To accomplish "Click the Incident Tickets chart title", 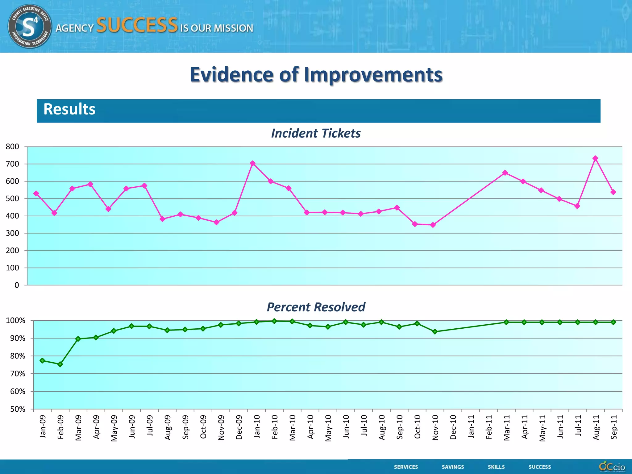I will click(316, 133).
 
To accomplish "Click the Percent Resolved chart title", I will click(316, 307).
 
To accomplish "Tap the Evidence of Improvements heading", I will click(316, 75).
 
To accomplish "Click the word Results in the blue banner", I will click(69, 109).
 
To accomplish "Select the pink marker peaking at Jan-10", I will click(253, 163).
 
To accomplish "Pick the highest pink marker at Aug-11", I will click(595, 158).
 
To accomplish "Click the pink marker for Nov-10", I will click(433, 225).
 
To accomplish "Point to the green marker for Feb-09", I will click(60, 364).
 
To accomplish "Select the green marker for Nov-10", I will click(435, 332).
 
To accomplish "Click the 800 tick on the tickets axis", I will click(12, 147).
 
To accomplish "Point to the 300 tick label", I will click(12, 233).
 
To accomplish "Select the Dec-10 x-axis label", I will click(453, 427).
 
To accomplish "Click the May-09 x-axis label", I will click(114, 428).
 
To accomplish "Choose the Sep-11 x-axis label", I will click(614, 427).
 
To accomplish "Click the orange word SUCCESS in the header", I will click(137, 25).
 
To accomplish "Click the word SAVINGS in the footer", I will click(453, 467).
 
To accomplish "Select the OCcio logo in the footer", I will click(612, 467).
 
